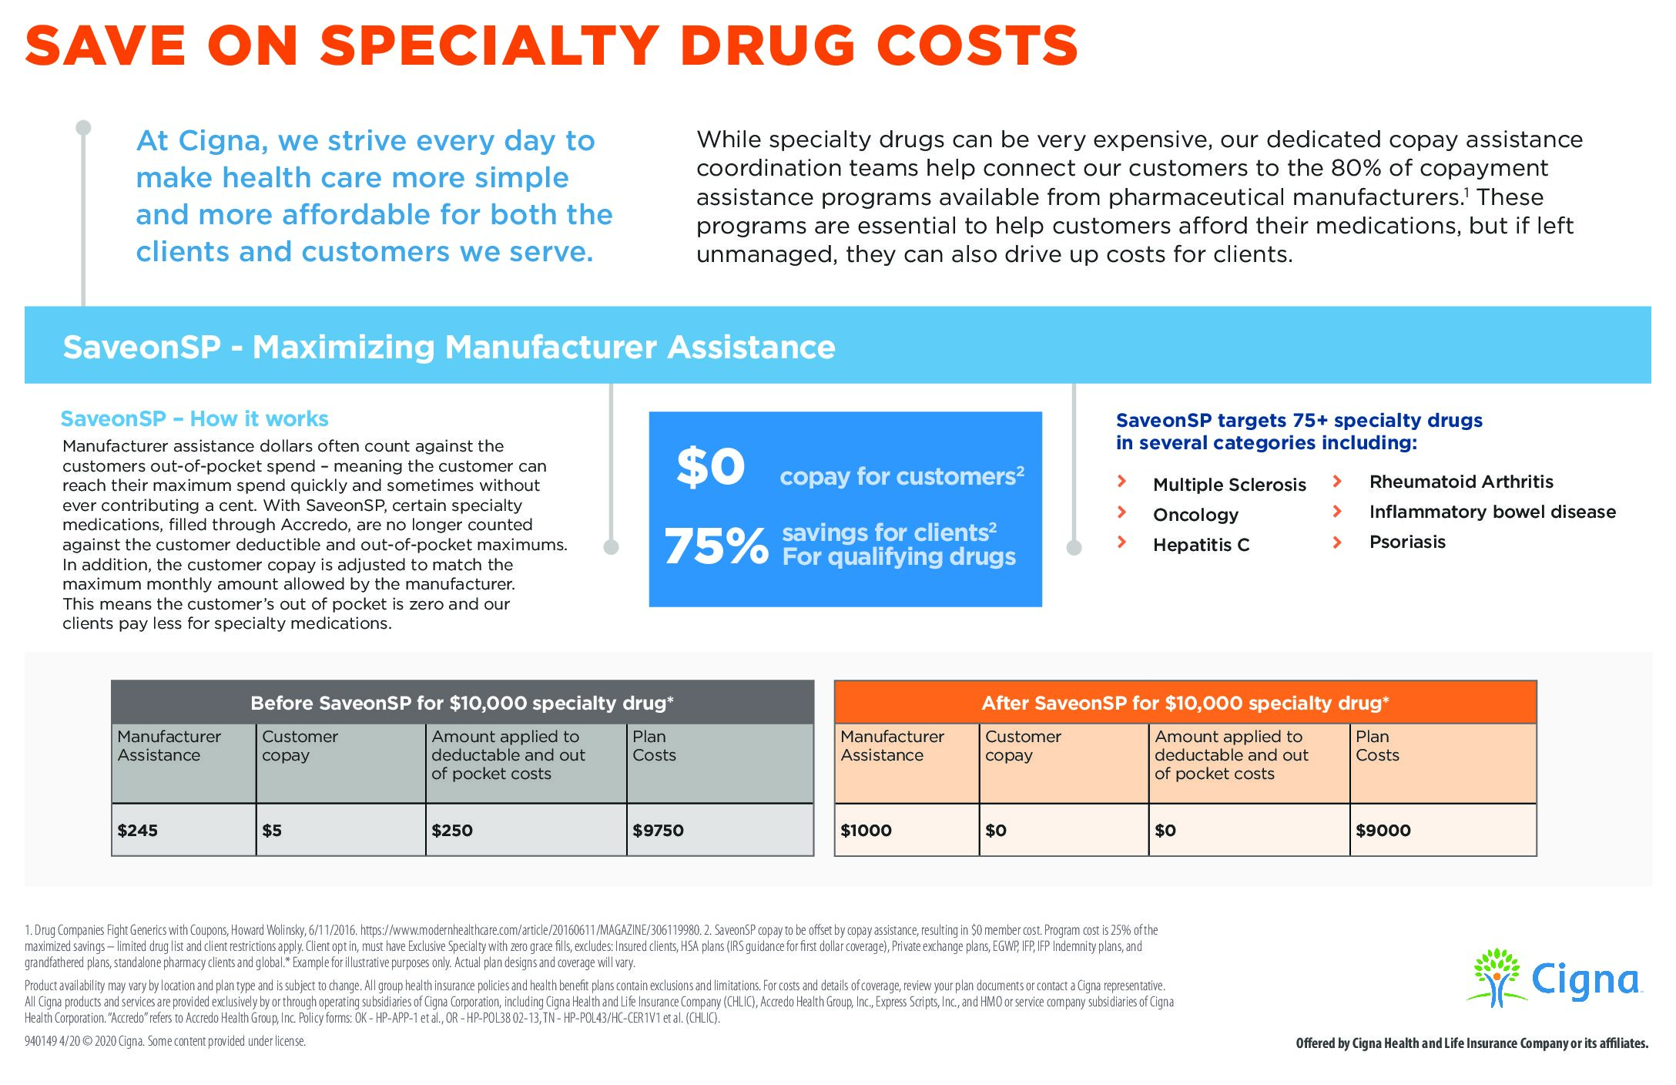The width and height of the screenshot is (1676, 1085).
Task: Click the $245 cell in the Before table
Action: pos(138,831)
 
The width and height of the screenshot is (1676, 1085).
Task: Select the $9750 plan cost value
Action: pos(658,831)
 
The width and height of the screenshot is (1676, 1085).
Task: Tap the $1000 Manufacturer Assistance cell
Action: pos(866,831)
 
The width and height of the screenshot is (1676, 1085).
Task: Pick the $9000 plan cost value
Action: pos(1383,831)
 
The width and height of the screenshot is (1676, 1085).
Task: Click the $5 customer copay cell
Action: pos(272,831)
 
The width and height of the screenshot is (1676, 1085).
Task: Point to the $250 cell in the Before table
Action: pos(452,831)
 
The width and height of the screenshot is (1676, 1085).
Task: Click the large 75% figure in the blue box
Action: pos(716,546)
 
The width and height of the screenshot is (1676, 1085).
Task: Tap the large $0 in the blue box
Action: pos(710,467)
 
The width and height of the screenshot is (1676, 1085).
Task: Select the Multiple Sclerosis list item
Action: pos(1229,485)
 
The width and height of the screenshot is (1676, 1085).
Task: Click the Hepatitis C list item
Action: pos(1201,545)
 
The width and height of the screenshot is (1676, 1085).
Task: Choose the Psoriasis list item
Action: pos(1407,542)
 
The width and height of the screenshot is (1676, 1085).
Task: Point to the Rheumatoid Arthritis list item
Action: pos(1461,482)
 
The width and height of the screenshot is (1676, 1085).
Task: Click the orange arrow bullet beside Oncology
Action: pos(1122,512)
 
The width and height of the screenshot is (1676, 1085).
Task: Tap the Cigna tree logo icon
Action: pos(1496,977)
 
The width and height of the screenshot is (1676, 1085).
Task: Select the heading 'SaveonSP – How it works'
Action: pos(194,418)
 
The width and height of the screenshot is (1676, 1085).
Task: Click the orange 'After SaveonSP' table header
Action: pos(1185,703)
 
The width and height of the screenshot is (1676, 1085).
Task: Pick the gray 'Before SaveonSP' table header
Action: pos(462,703)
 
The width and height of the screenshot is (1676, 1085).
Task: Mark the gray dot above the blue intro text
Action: pos(84,127)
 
